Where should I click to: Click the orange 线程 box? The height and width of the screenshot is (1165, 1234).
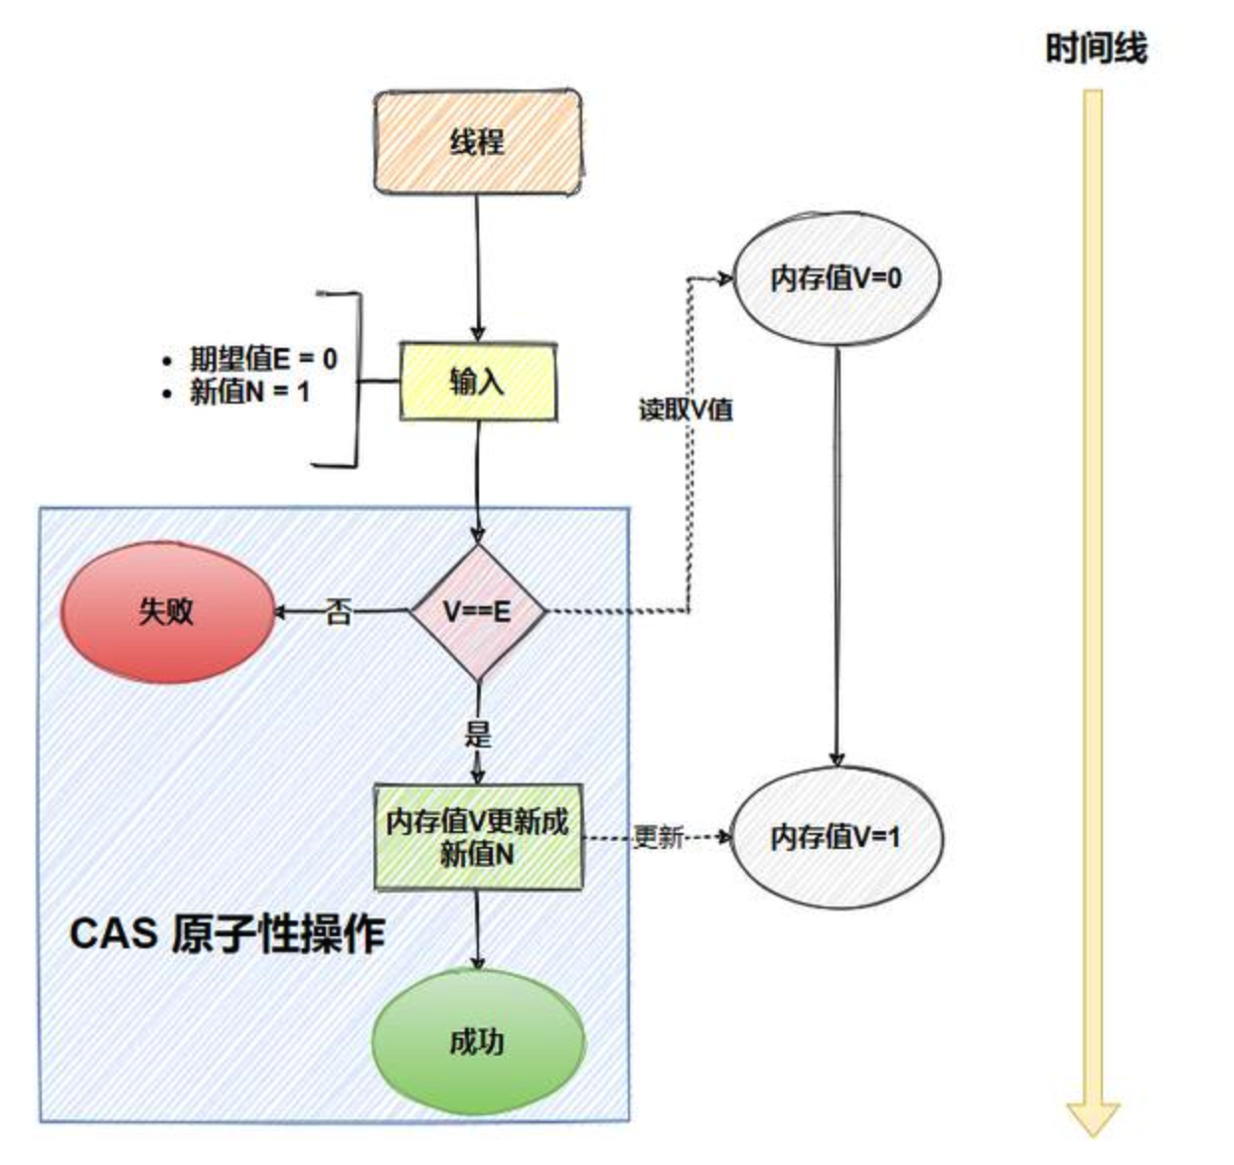[477, 142]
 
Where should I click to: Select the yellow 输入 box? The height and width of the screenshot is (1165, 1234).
[477, 382]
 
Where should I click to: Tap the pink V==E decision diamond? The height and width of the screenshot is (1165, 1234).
[478, 611]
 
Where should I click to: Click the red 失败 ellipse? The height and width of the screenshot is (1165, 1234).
[167, 611]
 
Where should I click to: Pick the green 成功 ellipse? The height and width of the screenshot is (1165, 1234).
[478, 1042]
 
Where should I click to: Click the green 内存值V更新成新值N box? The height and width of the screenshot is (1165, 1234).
[478, 837]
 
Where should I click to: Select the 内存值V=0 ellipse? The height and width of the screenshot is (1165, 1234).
[836, 278]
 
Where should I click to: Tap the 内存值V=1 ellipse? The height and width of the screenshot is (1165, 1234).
[836, 837]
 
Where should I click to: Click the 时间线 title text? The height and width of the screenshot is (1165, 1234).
[1095, 48]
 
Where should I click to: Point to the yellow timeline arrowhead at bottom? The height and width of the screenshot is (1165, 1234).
[1093, 1117]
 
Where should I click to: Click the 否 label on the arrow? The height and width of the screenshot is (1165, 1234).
[339, 612]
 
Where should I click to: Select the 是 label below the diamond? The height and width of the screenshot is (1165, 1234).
[478, 734]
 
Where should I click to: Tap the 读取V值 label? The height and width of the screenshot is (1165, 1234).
[686, 409]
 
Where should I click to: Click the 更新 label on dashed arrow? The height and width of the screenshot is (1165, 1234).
[658, 837]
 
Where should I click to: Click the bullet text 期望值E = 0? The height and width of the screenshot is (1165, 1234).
[262, 359]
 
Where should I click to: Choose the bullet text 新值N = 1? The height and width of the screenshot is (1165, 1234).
[249, 392]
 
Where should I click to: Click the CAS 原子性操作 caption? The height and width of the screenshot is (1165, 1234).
[228, 933]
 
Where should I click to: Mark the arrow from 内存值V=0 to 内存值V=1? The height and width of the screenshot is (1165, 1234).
[837, 557]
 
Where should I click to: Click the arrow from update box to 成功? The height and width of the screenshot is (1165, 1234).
[478, 929]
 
